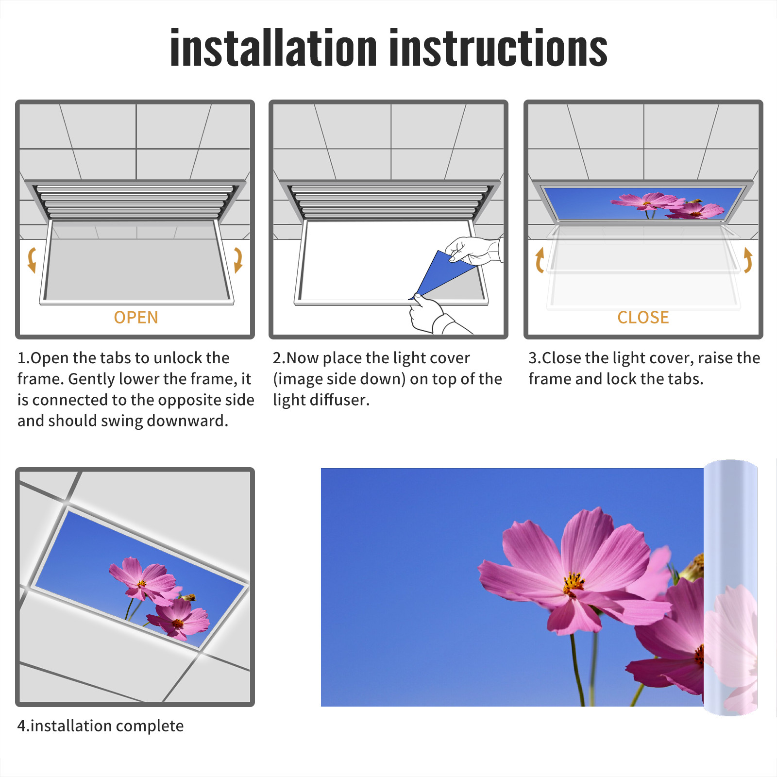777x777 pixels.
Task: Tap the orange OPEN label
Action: point(136,317)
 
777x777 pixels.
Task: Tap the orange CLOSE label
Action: point(643,317)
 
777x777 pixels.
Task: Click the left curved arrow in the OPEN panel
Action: point(32,260)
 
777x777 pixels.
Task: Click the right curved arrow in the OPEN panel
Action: point(238,260)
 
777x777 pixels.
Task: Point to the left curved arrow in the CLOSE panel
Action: point(540,260)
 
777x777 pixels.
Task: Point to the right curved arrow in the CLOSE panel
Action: point(748,260)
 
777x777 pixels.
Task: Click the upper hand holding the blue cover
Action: point(473,250)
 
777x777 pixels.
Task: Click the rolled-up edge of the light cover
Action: point(730,588)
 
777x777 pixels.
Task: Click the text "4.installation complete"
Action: point(101,726)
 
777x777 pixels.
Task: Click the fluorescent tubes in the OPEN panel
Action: point(135,202)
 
